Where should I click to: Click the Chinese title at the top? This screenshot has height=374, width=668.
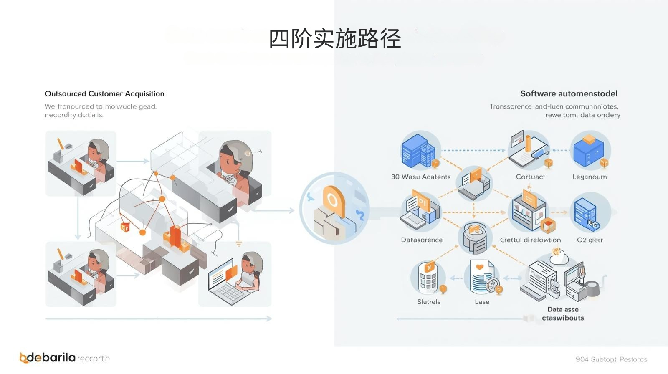(x=335, y=39)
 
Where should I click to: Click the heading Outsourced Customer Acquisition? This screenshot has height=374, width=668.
(x=104, y=94)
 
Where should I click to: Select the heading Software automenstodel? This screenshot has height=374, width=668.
(x=569, y=94)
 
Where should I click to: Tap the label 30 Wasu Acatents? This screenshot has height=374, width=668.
(x=421, y=177)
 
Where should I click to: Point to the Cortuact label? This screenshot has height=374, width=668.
(x=530, y=177)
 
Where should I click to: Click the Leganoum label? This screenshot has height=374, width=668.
(x=590, y=177)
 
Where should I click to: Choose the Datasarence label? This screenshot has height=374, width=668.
(x=422, y=240)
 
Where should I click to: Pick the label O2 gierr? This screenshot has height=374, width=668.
(x=590, y=240)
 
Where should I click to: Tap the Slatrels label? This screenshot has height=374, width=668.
(x=429, y=302)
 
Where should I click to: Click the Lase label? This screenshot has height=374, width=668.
(x=482, y=302)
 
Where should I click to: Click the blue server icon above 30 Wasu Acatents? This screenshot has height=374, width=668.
(x=419, y=150)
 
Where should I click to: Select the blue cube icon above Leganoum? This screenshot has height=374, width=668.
(x=589, y=150)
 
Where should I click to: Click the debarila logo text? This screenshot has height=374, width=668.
(x=52, y=358)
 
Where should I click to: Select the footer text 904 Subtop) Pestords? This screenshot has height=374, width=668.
(x=611, y=359)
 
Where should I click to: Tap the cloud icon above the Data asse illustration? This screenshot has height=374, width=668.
(x=559, y=256)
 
